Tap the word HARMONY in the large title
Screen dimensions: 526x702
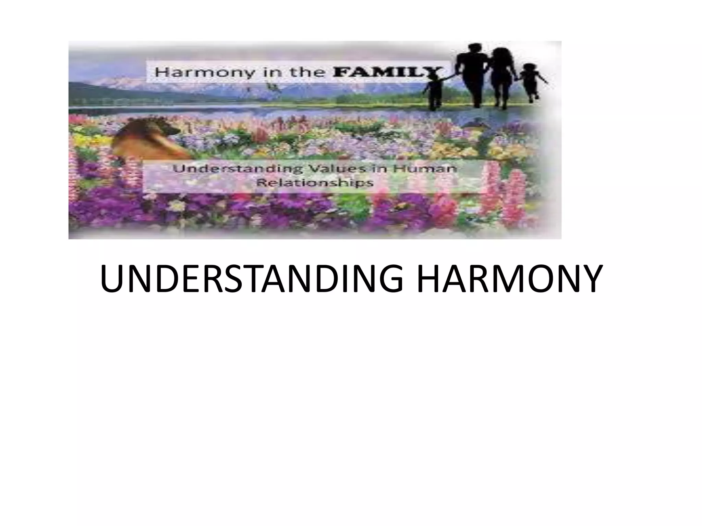[x=509, y=278]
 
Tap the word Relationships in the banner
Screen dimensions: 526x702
[x=315, y=183]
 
